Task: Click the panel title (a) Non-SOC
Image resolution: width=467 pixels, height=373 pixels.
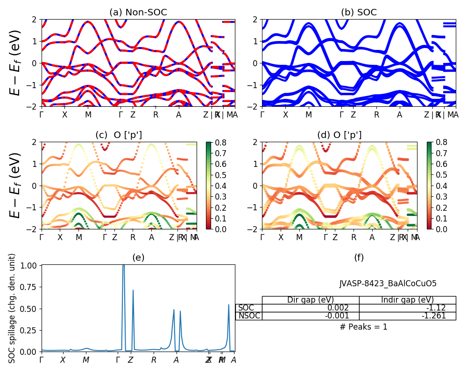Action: (138, 13)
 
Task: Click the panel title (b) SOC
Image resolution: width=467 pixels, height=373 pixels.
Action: (359, 13)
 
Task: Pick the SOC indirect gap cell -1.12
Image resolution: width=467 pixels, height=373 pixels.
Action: (436, 308)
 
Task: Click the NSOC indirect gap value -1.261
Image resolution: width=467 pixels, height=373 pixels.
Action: (434, 316)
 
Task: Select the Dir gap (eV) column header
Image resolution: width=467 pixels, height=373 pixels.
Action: (311, 300)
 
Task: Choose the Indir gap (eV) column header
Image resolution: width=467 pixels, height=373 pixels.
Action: (407, 300)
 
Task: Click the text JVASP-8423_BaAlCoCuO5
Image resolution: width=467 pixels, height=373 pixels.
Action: (388, 283)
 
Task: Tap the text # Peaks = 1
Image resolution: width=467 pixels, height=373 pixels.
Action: (363, 327)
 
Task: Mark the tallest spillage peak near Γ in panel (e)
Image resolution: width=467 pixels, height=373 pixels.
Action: (123, 267)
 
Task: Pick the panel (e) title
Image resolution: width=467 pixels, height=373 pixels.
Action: (138, 257)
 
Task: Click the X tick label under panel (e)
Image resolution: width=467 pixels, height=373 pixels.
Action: (63, 360)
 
